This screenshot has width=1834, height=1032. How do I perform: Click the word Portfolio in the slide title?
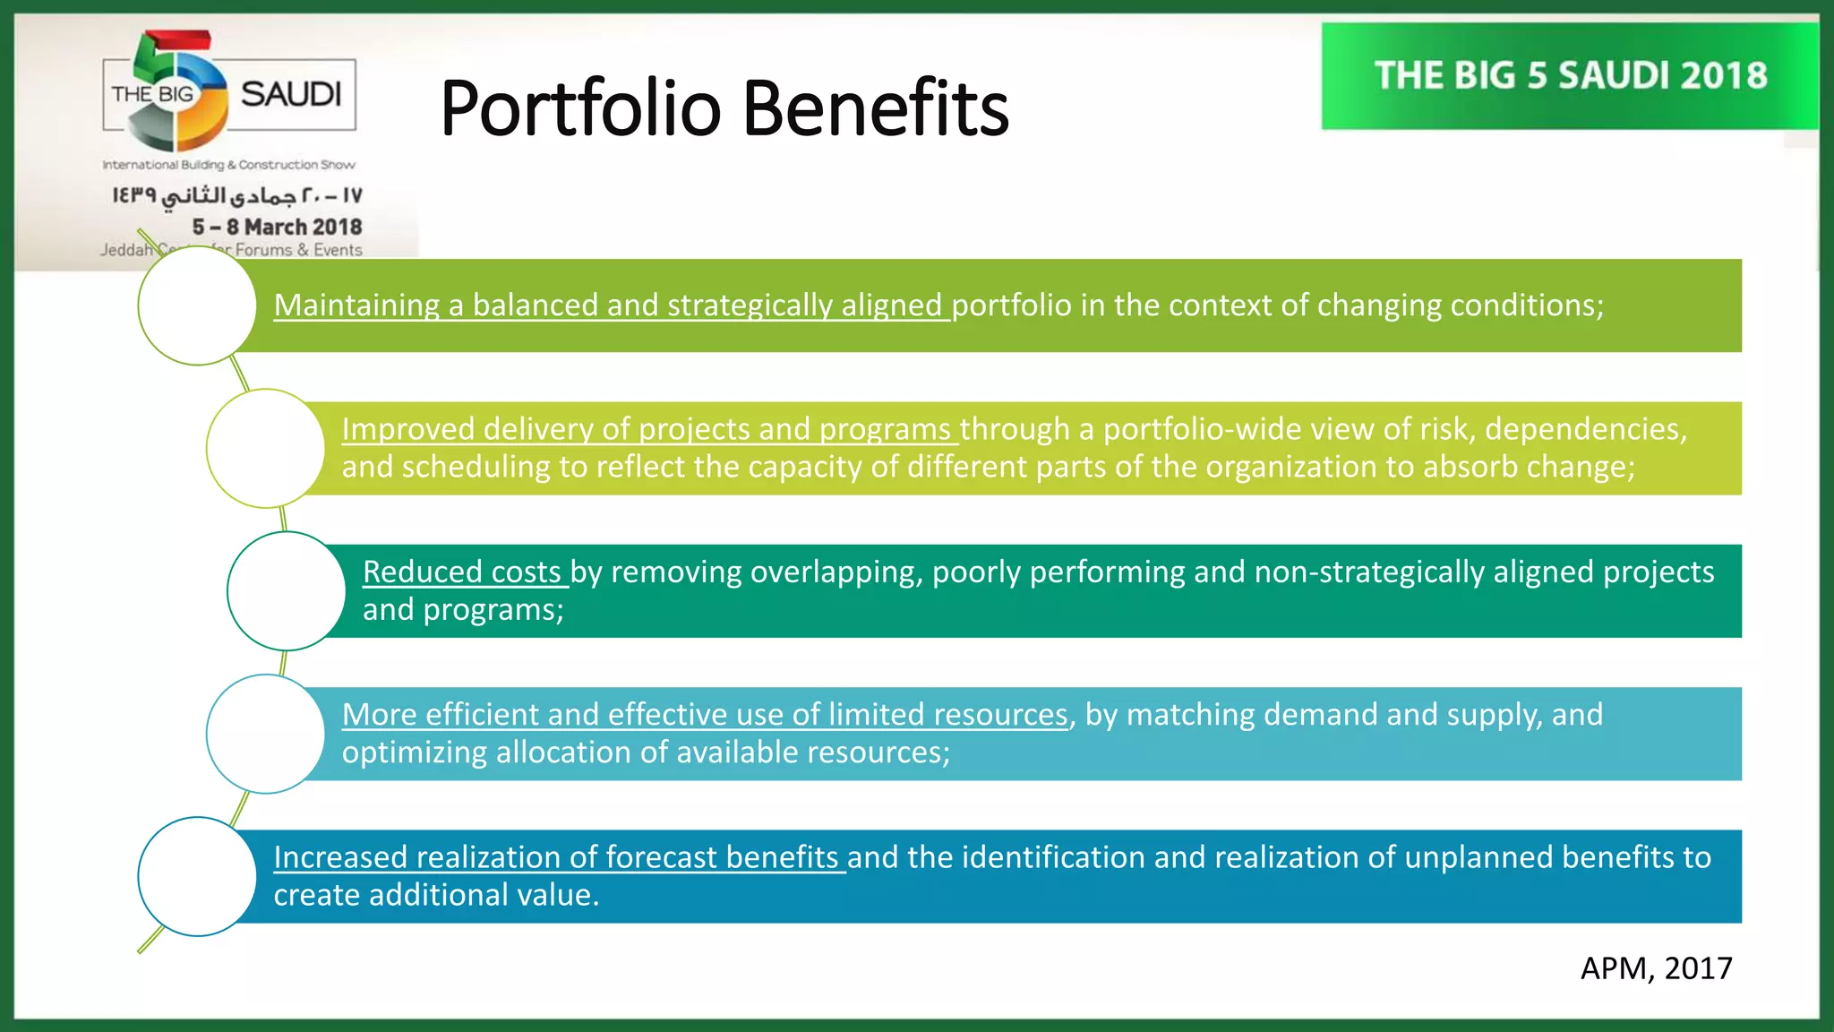(580, 109)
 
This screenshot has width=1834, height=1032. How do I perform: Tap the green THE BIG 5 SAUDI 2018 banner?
(1570, 76)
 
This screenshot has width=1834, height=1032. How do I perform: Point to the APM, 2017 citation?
(1655, 968)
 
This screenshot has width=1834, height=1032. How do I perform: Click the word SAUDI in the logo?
(291, 94)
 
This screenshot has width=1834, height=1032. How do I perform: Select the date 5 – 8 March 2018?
(277, 227)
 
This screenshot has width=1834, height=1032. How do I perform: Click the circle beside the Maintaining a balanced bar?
(197, 305)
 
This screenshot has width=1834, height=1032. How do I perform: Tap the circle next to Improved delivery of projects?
(265, 448)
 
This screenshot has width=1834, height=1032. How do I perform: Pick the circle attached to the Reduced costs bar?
(286, 591)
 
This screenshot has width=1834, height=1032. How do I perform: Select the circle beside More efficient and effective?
(265, 734)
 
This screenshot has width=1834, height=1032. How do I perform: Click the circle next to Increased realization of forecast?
(197, 876)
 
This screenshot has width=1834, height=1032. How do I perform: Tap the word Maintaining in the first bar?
(356, 305)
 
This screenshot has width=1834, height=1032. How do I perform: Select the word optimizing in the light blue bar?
(414, 752)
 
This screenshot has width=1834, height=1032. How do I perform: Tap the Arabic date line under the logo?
(237, 195)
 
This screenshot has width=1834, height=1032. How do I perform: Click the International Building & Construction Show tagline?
(228, 165)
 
